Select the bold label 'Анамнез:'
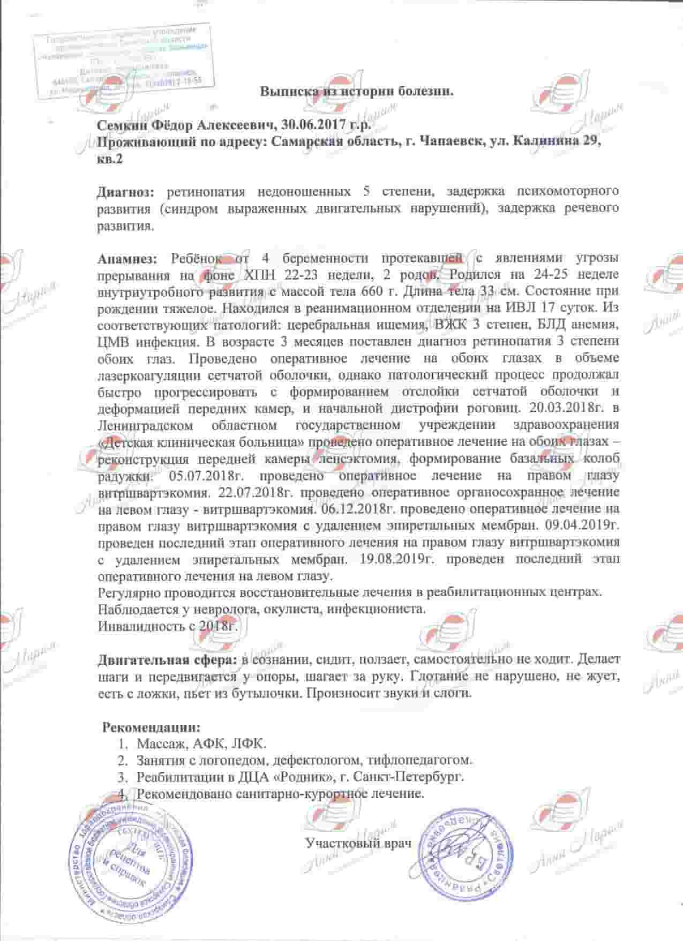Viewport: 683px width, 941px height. (x=127, y=258)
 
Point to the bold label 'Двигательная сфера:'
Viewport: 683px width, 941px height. (x=167, y=660)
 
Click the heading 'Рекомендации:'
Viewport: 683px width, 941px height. (x=152, y=728)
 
